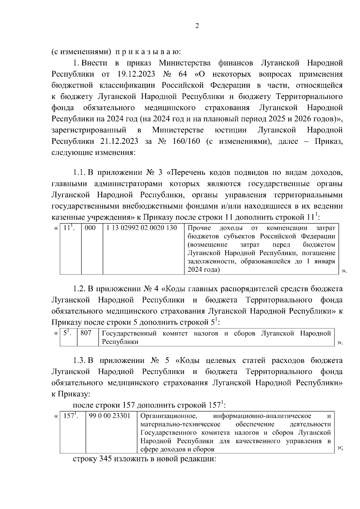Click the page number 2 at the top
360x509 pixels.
[x=197, y=26]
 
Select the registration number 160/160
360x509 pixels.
[x=186, y=141]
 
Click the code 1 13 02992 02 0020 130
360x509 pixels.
[x=142, y=228]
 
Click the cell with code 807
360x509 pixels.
[x=86, y=333]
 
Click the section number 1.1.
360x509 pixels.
[x=79, y=173]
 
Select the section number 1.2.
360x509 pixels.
[x=79, y=289]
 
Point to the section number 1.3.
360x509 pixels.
[x=79, y=361]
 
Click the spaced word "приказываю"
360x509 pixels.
[x=148, y=52]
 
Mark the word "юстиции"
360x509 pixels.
[x=231, y=130]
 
